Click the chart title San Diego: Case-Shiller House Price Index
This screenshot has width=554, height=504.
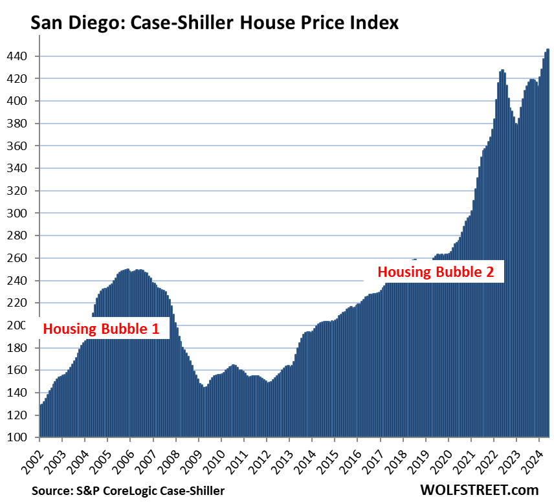coord(214,23)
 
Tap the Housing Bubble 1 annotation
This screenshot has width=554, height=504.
coord(101,329)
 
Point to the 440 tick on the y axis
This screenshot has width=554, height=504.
coord(17,56)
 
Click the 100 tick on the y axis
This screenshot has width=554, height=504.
coord(17,437)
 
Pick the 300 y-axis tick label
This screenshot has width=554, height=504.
coord(17,213)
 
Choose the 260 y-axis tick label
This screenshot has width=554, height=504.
coord(17,258)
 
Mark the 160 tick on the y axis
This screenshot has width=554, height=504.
coord(17,370)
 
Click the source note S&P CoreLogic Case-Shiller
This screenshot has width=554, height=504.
coord(128,491)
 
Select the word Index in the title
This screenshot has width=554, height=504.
coord(374,23)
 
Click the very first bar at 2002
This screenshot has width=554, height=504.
coord(41,421)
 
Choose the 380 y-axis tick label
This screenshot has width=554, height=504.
coord(17,124)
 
